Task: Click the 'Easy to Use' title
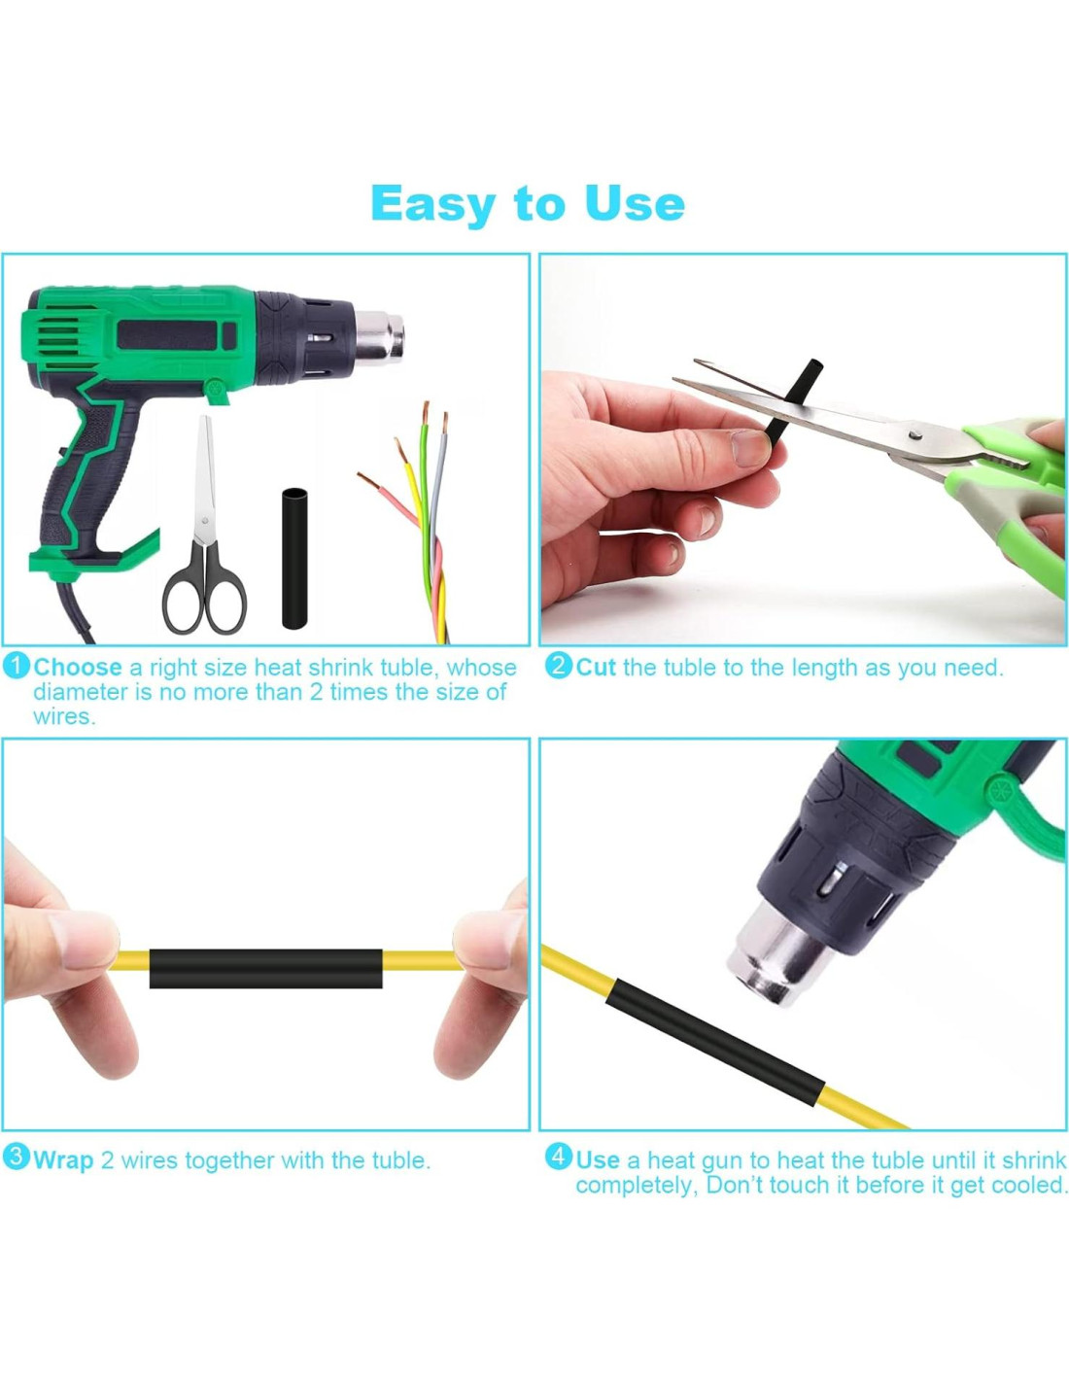coord(527,203)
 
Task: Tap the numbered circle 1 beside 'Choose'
coord(17,666)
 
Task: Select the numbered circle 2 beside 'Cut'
coord(560,666)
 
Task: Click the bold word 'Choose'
coord(78,667)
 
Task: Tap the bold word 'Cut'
coord(596,667)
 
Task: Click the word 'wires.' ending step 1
coord(64,717)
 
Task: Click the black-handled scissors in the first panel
coord(205,525)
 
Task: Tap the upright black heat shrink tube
coord(295,559)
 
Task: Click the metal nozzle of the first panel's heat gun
coord(380,334)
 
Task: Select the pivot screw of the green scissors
coord(915,432)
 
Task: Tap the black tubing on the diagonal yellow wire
coord(715,1039)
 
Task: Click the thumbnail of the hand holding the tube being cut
coord(750,448)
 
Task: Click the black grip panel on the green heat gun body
coord(176,334)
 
